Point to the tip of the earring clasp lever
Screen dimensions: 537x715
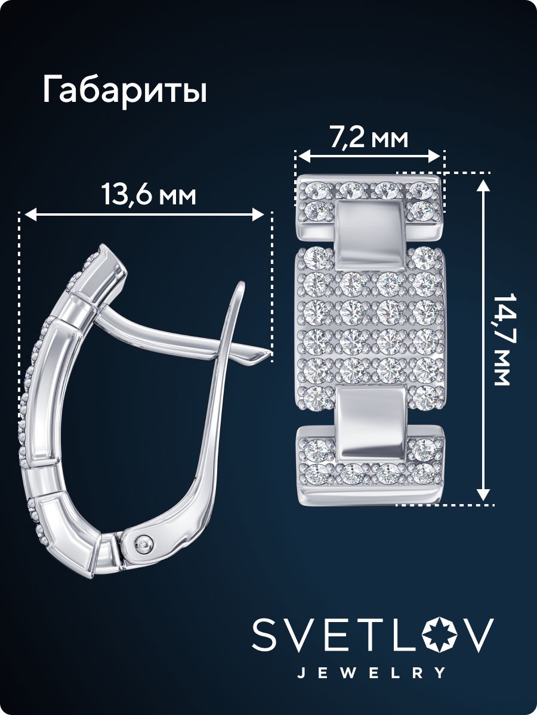pyautogui.click(x=270, y=352)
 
